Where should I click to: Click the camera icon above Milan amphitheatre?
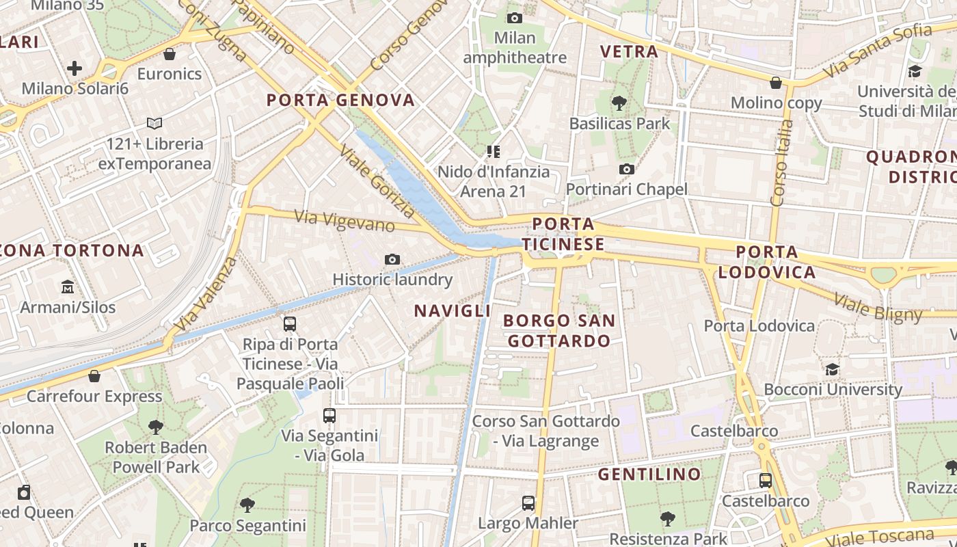click(515, 18)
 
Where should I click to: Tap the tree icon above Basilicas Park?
click(619, 103)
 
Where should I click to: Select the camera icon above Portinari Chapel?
click(626, 169)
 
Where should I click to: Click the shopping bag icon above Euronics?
click(170, 54)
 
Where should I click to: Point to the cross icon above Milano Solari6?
click(75, 68)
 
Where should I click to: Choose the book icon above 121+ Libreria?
click(154, 124)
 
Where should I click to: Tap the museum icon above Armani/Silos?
click(68, 286)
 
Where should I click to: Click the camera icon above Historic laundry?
click(392, 259)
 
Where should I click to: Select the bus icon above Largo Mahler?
click(528, 503)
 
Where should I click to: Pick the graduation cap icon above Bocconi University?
click(832, 370)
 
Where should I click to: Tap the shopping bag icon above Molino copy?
click(776, 83)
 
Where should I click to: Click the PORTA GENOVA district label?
click(340, 101)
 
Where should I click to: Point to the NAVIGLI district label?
click(453, 310)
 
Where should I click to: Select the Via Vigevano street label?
click(345, 221)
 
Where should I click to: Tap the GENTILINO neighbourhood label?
click(649, 474)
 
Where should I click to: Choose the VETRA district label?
click(629, 51)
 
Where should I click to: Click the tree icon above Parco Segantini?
click(247, 505)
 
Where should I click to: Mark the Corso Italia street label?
click(781, 163)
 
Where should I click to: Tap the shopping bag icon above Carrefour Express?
click(94, 376)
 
